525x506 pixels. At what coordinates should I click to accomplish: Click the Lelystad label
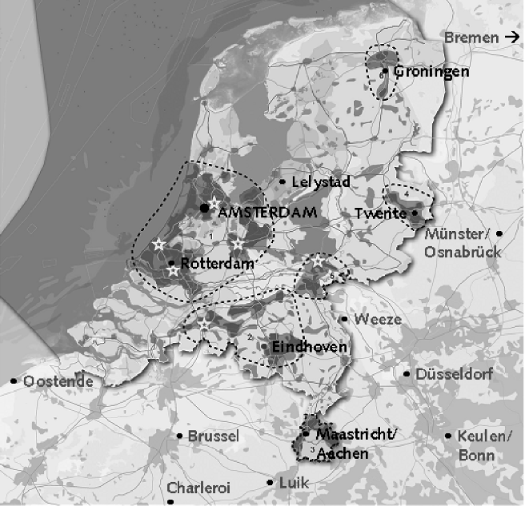[x=321, y=182]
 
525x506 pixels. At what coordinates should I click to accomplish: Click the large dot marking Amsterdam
[x=205, y=208]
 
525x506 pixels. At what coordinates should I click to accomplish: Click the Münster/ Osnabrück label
[x=463, y=242]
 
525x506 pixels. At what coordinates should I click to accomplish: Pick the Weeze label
[x=378, y=320]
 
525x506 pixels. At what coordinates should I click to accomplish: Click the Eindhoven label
[x=309, y=347]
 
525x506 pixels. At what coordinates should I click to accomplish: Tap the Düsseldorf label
[x=455, y=374]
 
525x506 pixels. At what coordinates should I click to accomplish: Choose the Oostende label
[x=58, y=381]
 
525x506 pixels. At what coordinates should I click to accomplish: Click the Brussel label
[x=213, y=436]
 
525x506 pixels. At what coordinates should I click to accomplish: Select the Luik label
[x=294, y=482]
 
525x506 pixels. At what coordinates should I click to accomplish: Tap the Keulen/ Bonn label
[x=485, y=445]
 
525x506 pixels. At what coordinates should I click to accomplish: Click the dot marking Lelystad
[x=283, y=182]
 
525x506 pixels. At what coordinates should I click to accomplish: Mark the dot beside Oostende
[x=14, y=381]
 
